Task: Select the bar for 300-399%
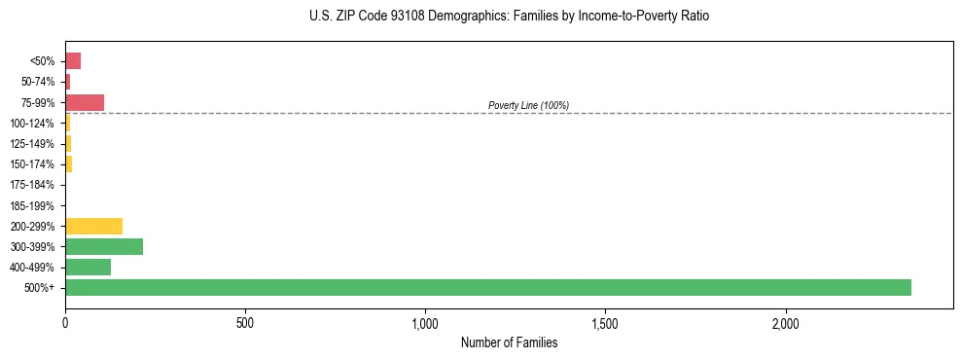pyautogui.click(x=104, y=246)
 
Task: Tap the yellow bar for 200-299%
pyautogui.click(x=93, y=226)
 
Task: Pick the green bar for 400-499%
pyautogui.click(x=88, y=267)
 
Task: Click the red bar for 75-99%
pyautogui.click(x=85, y=102)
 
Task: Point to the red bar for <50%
pyautogui.click(x=73, y=60)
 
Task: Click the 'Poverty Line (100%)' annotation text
pyautogui.click(x=528, y=105)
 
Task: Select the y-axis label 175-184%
pyautogui.click(x=32, y=185)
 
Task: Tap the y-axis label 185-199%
pyautogui.click(x=32, y=205)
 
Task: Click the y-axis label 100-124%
pyautogui.click(x=32, y=123)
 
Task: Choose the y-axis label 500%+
pyautogui.click(x=40, y=288)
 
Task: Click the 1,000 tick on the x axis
pyautogui.click(x=425, y=322)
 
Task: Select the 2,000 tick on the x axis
pyautogui.click(x=786, y=322)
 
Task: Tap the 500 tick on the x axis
pyautogui.click(x=245, y=322)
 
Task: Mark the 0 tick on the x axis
pyautogui.click(x=65, y=322)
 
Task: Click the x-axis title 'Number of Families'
pyautogui.click(x=509, y=342)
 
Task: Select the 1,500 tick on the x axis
pyautogui.click(x=605, y=322)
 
